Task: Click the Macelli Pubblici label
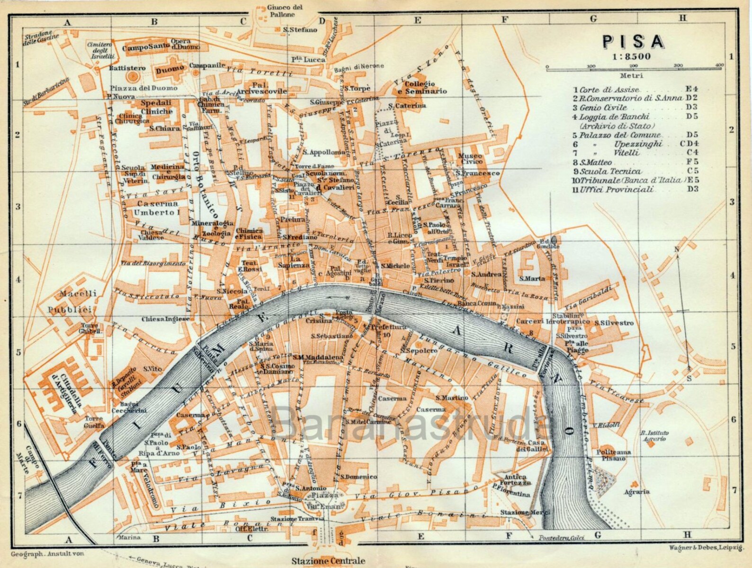point(72,301)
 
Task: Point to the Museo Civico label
point(470,159)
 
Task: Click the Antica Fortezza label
point(515,480)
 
